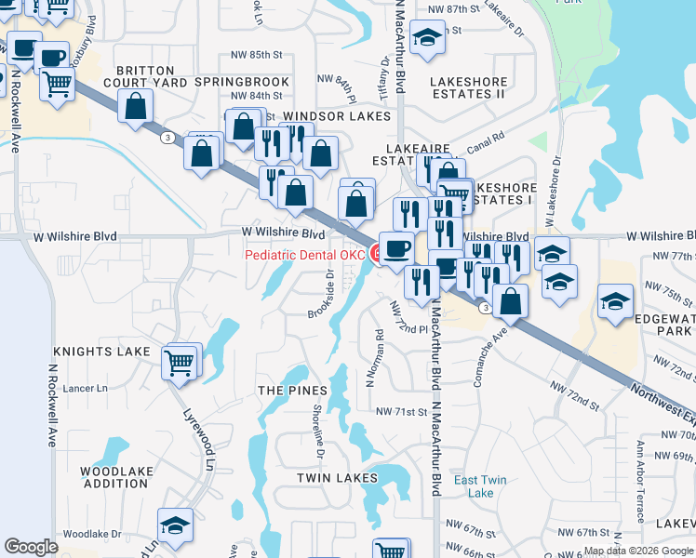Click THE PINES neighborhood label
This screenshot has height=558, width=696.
pos(292,391)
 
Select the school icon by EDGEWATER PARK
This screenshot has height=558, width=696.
pos(615,301)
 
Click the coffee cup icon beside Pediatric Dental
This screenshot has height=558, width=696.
pos(396,248)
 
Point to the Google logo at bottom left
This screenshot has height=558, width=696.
pos(31,547)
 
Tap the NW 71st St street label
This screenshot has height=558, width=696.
pos(400,411)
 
